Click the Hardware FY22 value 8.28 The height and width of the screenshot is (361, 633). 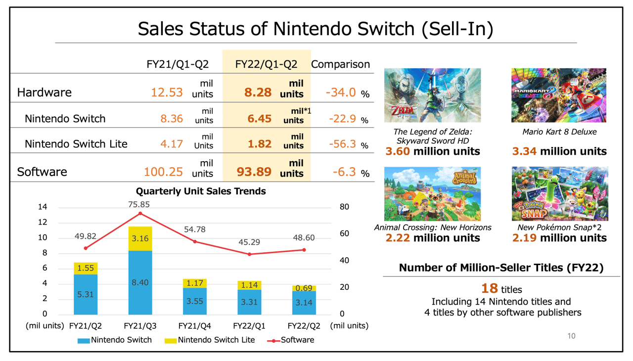(258, 92)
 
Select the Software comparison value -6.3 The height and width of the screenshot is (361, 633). (341, 172)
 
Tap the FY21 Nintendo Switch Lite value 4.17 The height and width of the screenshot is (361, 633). (172, 144)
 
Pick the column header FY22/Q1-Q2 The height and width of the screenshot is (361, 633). (266, 64)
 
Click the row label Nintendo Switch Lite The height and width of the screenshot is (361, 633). (76, 144)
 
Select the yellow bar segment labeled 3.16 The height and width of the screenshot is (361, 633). (140, 239)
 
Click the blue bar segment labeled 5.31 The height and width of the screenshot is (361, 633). (86, 294)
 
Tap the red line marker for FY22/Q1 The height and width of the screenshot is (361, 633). (249, 254)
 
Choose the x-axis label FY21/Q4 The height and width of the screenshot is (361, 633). (195, 326)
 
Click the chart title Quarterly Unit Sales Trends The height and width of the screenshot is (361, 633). (201, 191)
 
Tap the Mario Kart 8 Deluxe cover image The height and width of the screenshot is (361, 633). (559, 95)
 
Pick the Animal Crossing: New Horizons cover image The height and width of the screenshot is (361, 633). (432, 194)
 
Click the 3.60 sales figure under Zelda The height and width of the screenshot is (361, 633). (398, 151)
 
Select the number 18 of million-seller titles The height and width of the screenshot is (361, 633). (489, 288)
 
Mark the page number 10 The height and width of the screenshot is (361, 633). (571, 336)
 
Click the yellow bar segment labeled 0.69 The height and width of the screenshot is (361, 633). (304, 288)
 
